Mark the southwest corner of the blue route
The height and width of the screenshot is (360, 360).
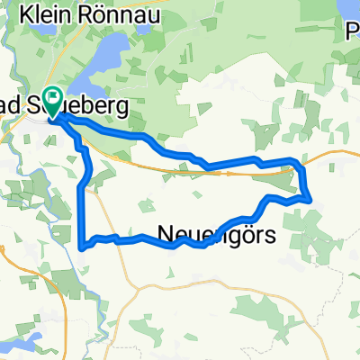(x=83, y=243)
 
